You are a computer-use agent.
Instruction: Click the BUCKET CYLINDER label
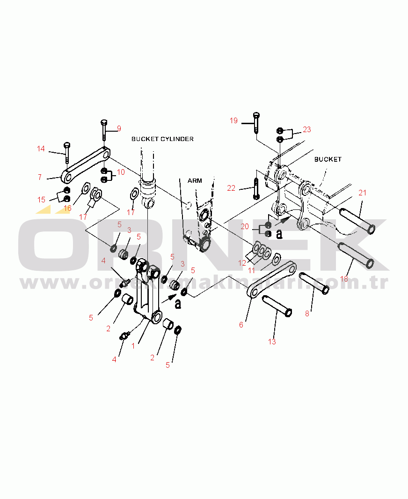(162, 139)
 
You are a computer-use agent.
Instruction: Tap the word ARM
(195, 181)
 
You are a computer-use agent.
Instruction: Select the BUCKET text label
(328, 159)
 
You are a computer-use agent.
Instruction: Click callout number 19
(233, 120)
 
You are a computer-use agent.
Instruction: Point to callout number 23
(306, 129)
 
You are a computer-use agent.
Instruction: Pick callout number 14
(41, 149)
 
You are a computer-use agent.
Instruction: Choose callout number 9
(119, 128)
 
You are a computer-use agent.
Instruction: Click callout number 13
(272, 342)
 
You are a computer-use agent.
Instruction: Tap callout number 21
(362, 193)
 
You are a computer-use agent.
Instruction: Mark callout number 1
(133, 346)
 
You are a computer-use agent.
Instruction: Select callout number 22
(231, 188)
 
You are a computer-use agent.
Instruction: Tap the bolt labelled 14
(67, 153)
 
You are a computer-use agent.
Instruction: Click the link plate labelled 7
(86, 165)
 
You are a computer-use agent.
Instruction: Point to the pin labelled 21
(357, 221)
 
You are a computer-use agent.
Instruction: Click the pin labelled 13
(277, 306)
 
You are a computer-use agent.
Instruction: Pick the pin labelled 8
(314, 283)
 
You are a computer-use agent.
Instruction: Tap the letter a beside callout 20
(279, 234)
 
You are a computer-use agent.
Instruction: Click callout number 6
(241, 325)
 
